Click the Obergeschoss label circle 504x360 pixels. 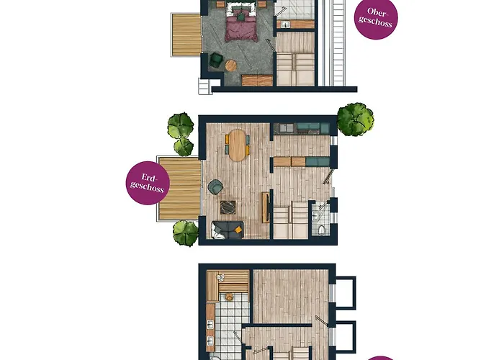pyautogui.click(x=377, y=19)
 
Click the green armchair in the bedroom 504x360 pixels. pyautogui.click(x=217, y=63)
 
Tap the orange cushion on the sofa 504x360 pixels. pyautogui.click(x=238, y=228)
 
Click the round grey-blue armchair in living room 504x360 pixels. pyautogui.click(x=215, y=187)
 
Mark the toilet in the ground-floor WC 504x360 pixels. pyautogui.click(x=321, y=229)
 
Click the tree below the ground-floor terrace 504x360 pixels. pyautogui.click(x=186, y=233)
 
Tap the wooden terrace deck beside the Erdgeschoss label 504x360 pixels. pyautogui.click(x=180, y=189)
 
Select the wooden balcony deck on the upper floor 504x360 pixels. pyautogui.click(x=186, y=35)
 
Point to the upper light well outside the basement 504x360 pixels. pyautogui.click(x=345, y=292)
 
